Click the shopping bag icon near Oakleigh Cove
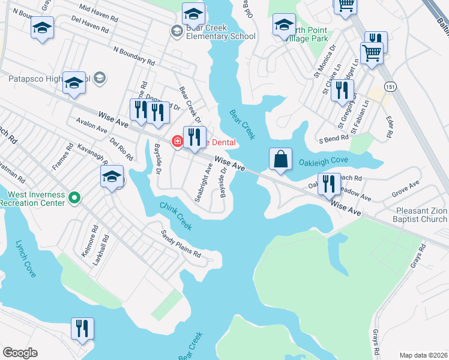coord(280,160)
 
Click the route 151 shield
coord(391,86)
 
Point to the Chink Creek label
coord(176,216)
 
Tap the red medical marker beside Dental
coord(177,142)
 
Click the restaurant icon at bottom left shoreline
coord(82,329)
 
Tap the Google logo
coord(20,353)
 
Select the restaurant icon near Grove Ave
coord(328,184)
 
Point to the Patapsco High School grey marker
coord(100,77)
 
